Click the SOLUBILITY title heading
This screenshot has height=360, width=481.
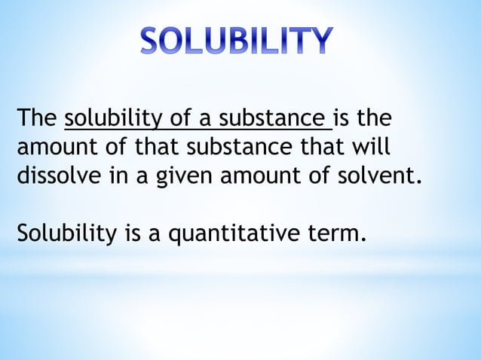click(x=236, y=41)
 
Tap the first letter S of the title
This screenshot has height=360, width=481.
click(x=151, y=41)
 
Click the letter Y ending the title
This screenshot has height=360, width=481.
click(x=318, y=41)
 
